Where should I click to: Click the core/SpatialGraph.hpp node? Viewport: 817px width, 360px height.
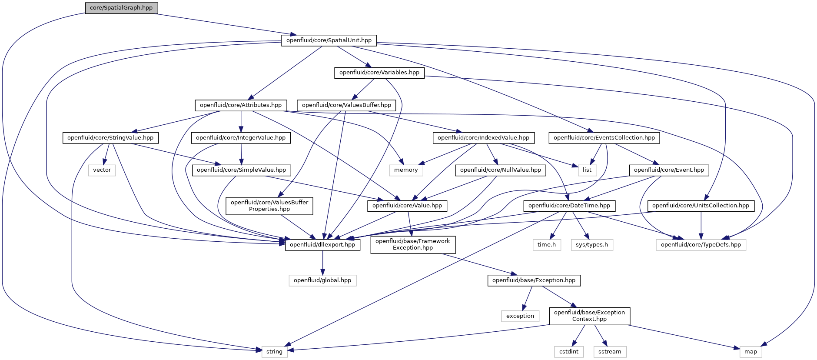click(121, 8)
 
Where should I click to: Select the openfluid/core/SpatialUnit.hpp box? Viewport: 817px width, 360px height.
click(329, 40)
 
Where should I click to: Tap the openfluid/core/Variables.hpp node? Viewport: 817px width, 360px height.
click(379, 73)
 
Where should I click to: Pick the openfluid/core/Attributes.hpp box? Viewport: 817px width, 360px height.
click(241, 105)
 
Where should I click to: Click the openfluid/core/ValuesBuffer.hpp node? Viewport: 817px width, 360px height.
click(346, 105)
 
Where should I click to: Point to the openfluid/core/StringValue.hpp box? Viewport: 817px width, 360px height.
click(110, 138)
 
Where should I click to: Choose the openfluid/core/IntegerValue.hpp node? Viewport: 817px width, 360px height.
click(241, 138)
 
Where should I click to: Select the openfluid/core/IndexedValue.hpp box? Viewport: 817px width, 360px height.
click(483, 138)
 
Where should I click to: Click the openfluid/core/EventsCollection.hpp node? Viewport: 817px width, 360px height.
click(604, 138)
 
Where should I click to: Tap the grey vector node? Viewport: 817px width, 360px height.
click(102, 170)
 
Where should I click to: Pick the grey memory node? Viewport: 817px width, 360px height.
click(406, 170)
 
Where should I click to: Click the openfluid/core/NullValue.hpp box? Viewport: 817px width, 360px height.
click(500, 170)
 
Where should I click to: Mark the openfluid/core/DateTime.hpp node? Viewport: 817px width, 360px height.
click(569, 206)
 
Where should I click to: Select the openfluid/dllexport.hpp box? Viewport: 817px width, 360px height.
click(322, 245)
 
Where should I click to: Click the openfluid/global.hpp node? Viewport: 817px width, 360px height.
click(322, 280)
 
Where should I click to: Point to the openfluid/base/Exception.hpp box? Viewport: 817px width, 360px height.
click(534, 280)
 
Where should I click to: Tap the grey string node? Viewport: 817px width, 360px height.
click(274, 352)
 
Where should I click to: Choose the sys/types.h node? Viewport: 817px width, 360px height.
click(591, 245)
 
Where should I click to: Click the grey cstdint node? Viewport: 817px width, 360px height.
click(569, 352)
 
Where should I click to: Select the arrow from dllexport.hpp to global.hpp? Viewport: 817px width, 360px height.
click(322, 263)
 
